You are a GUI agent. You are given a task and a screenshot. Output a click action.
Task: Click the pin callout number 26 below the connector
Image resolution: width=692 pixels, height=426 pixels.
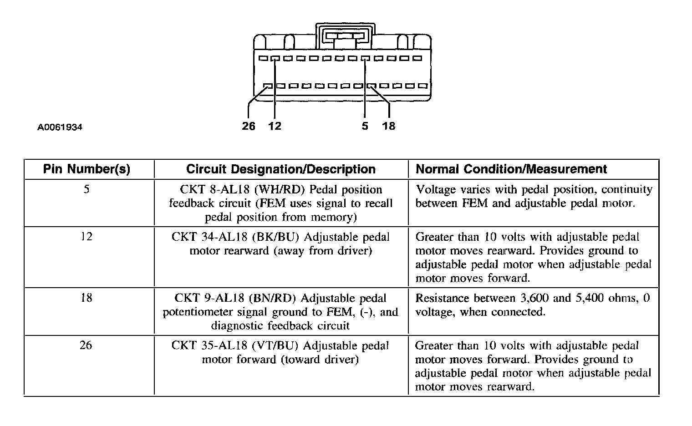(x=249, y=126)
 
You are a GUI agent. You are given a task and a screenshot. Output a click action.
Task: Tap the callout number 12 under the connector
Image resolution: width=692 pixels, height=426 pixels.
(x=275, y=126)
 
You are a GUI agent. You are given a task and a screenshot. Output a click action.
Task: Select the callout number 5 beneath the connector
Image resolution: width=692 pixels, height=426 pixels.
(x=365, y=126)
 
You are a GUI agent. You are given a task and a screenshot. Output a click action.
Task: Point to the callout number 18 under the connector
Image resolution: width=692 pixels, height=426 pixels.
(x=389, y=126)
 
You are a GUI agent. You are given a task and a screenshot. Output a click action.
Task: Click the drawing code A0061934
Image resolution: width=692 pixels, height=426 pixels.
(x=60, y=127)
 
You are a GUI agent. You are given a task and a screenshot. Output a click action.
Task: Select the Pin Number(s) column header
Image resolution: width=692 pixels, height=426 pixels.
(x=86, y=169)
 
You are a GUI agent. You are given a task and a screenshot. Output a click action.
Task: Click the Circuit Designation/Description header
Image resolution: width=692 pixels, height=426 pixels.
(x=280, y=169)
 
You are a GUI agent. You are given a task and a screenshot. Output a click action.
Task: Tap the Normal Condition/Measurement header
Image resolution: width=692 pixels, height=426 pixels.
(x=511, y=169)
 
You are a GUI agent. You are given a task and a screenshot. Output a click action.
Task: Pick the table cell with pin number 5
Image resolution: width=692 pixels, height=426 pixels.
(x=86, y=189)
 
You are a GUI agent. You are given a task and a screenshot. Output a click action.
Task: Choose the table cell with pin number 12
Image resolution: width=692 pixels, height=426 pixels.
(x=86, y=237)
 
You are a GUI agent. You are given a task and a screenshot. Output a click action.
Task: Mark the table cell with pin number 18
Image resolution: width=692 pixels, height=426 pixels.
(x=86, y=298)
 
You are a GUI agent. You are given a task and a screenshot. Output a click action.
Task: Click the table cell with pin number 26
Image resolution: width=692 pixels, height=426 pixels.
(x=86, y=345)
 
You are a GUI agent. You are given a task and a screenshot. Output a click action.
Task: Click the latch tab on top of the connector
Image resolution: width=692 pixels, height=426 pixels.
(x=346, y=36)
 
